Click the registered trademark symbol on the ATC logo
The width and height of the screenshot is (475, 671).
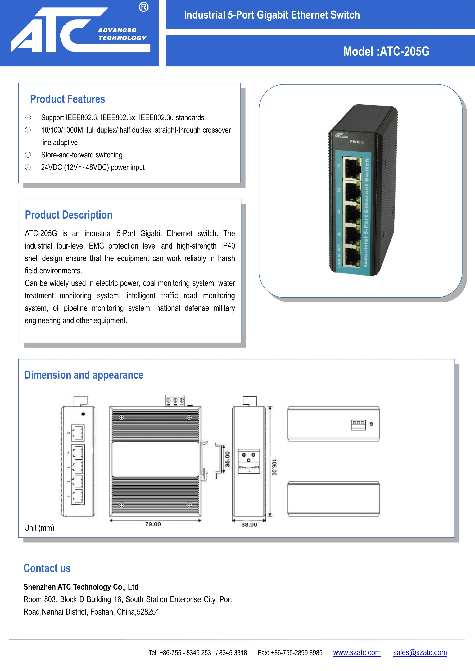[x=143, y=7]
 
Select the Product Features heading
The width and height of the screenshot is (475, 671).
[x=68, y=99]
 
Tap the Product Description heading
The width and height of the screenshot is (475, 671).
[x=68, y=215]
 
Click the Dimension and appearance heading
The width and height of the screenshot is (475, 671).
[x=84, y=375]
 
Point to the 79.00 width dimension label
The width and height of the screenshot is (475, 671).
[x=153, y=524]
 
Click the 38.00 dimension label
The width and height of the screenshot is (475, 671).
[x=249, y=525]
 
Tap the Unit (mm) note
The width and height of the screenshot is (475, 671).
[x=39, y=528]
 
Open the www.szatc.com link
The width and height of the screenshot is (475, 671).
[x=357, y=653]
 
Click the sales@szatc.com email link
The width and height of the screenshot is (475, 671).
[x=420, y=653]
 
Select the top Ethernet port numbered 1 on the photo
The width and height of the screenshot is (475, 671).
[x=351, y=168]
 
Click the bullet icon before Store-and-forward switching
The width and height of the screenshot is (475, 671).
[x=28, y=155]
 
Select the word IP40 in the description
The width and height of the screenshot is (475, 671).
[x=228, y=246]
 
